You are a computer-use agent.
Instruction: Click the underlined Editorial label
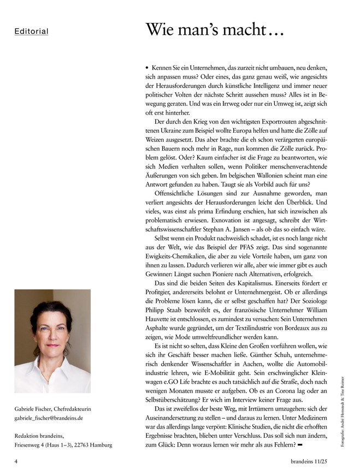[x=31, y=32]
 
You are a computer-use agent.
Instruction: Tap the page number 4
[x=16, y=460]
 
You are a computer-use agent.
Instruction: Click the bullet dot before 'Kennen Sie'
[x=147, y=67]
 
